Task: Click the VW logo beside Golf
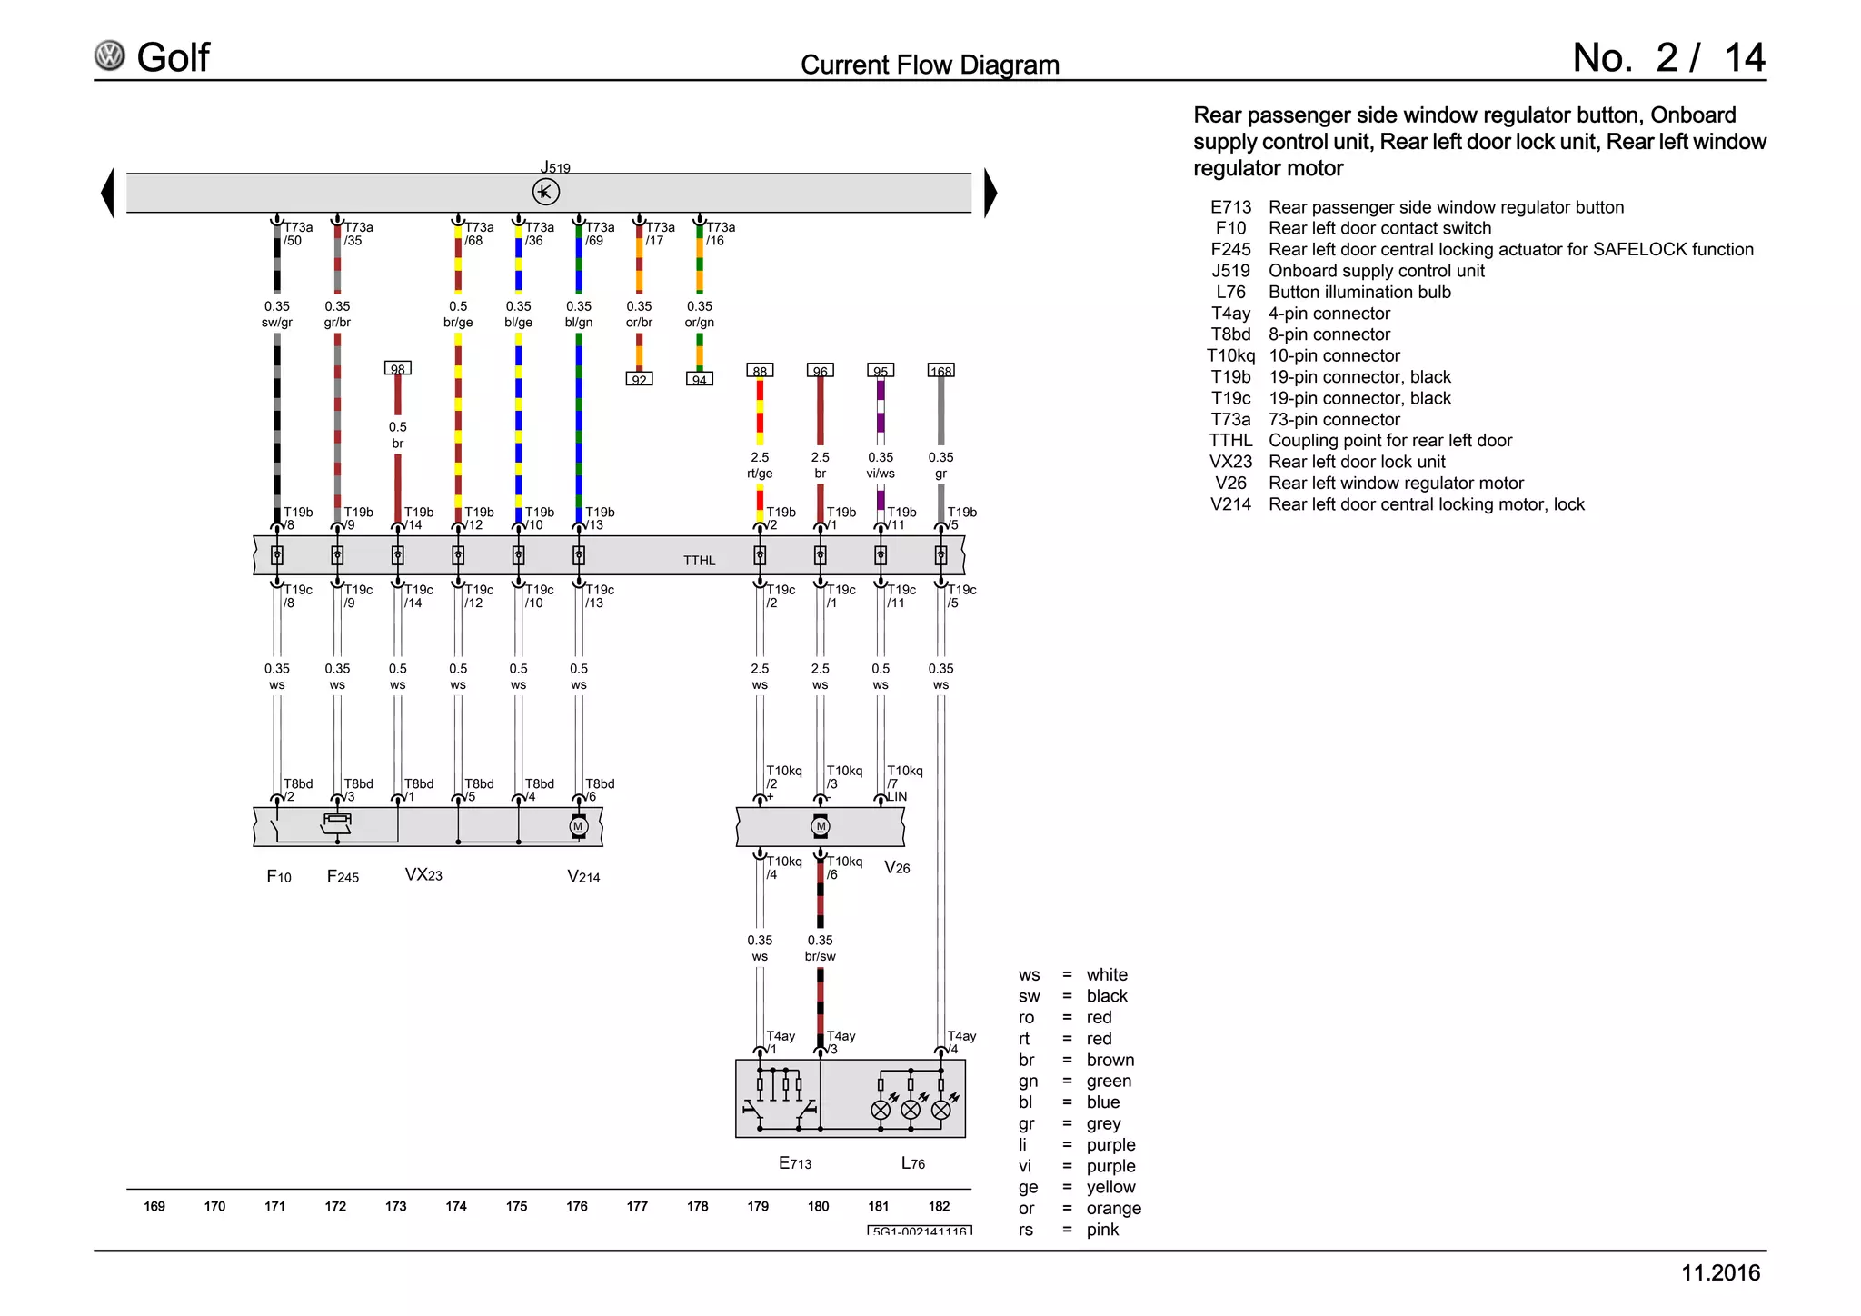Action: click(110, 56)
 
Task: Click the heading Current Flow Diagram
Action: click(929, 65)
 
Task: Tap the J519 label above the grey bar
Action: click(555, 167)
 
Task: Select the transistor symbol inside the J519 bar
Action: click(545, 192)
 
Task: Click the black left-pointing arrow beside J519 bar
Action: click(108, 193)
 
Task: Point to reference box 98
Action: click(397, 368)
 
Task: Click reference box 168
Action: click(940, 371)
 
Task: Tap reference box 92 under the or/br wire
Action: click(639, 379)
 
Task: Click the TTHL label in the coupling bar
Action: click(699, 561)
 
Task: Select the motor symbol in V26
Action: click(821, 826)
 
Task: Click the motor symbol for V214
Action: click(579, 826)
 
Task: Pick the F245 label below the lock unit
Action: click(343, 877)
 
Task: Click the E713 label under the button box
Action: click(795, 1163)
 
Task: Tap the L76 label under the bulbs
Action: click(912, 1163)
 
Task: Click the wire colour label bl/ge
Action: click(518, 323)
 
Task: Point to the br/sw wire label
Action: click(820, 956)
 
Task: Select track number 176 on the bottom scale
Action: click(577, 1207)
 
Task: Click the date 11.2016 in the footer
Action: click(1719, 1273)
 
